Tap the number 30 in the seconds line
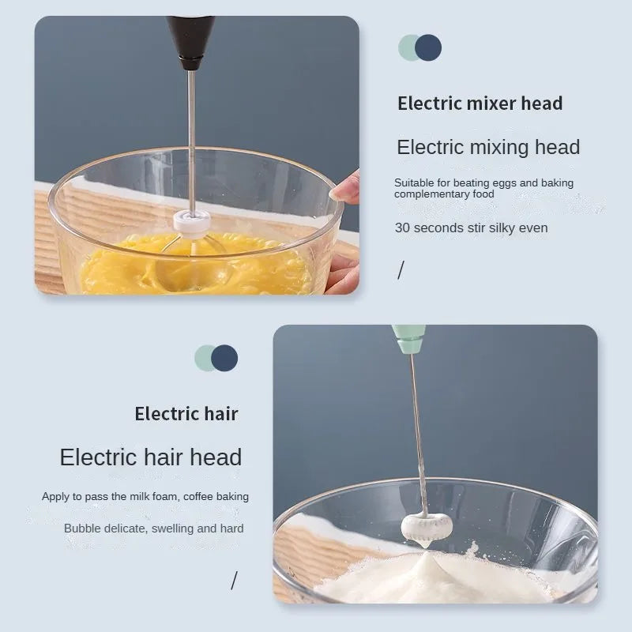(402, 228)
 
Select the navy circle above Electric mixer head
(428, 47)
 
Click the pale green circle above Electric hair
(205, 358)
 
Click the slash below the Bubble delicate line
(234, 581)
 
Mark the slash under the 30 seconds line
(401, 271)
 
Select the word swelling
(174, 529)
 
